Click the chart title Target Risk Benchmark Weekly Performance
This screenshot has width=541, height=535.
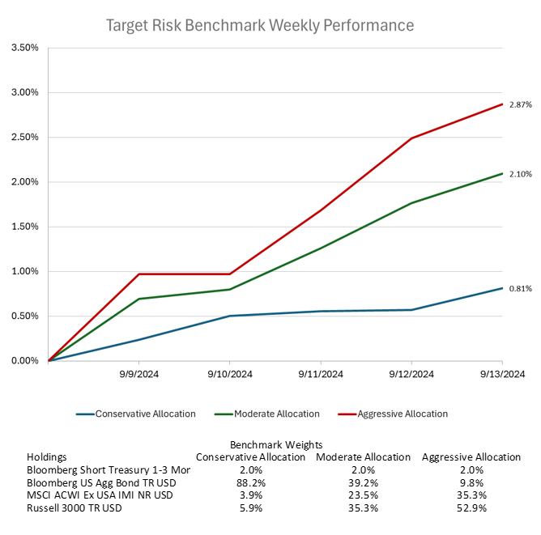[x=260, y=25]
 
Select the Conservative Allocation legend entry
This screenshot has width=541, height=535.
[x=145, y=414]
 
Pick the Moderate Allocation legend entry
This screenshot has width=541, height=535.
[x=276, y=414]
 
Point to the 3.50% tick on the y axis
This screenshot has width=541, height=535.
[x=25, y=48]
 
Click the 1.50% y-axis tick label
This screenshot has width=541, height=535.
[x=25, y=227]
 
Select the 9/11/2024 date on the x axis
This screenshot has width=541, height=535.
[x=321, y=374]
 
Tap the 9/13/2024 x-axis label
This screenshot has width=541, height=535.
[x=503, y=374]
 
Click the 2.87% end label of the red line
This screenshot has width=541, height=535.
[x=521, y=105]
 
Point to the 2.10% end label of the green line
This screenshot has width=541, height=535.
[x=521, y=174]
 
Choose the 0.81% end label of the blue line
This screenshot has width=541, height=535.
[x=521, y=288]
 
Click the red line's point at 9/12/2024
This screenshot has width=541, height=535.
[x=411, y=138]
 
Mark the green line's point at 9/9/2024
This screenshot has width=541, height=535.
[x=139, y=299]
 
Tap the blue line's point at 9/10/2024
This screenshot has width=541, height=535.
[x=230, y=316]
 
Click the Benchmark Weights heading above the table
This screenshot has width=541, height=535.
[x=276, y=444]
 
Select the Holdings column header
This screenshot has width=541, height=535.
[x=47, y=456]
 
